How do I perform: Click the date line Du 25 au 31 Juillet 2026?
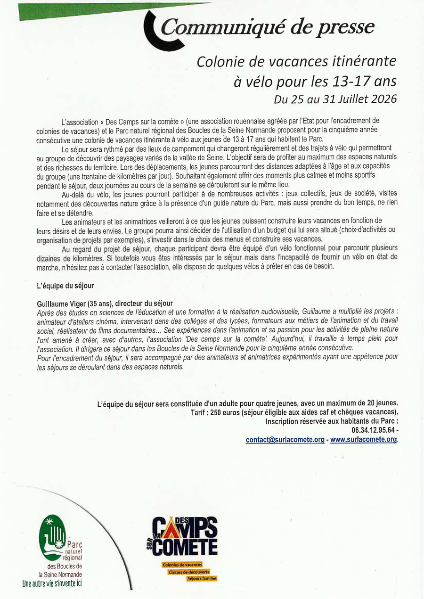(x=335, y=99)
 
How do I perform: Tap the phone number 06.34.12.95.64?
(x=373, y=430)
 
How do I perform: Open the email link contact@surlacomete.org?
(x=285, y=440)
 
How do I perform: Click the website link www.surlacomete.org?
(x=364, y=440)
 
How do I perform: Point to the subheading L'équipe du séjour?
(x=65, y=286)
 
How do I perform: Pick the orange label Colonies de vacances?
(x=182, y=565)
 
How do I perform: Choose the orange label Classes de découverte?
(x=189, y=572)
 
